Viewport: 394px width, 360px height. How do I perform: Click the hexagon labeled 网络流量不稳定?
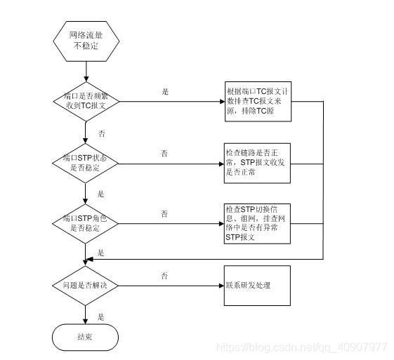(x=86, y=41)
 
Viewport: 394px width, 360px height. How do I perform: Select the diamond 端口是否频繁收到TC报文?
(x=86, y=102)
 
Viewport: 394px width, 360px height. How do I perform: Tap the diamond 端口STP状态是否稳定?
(x=86, y=164)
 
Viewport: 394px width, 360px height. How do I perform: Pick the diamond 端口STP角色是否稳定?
(x=86, y=224)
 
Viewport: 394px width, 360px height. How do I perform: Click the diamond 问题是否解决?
(x=86, y=286)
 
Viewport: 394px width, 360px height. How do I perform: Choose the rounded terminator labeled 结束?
(x=85, y=337)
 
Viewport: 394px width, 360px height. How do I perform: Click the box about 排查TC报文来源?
(x=258, y=102)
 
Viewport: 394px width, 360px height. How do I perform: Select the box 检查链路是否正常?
(x=257, y=164)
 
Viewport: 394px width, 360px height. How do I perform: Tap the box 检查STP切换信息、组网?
(x=257, y=224)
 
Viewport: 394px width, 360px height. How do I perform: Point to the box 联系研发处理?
(x=257, y=286)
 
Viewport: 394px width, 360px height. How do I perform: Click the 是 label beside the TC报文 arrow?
(x=165, y=92)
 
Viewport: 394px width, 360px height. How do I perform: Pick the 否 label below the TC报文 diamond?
(x=102, y=133)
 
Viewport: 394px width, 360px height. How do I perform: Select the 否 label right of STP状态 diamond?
(x=164, y=153)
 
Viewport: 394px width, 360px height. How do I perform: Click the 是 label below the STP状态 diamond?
(x=100, y=194)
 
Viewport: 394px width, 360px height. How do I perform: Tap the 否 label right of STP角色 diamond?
(x=164, y=213)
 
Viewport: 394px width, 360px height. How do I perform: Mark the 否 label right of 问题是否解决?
(x=164, y=276)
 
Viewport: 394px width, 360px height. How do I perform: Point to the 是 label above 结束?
(x=100, y=316)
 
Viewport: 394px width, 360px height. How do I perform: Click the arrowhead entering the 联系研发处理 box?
(x=222, y=286)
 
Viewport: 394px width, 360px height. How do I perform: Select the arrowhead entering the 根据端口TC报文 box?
(x=223, y=102)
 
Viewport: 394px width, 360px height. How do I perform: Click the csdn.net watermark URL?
(x=301, y=347)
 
